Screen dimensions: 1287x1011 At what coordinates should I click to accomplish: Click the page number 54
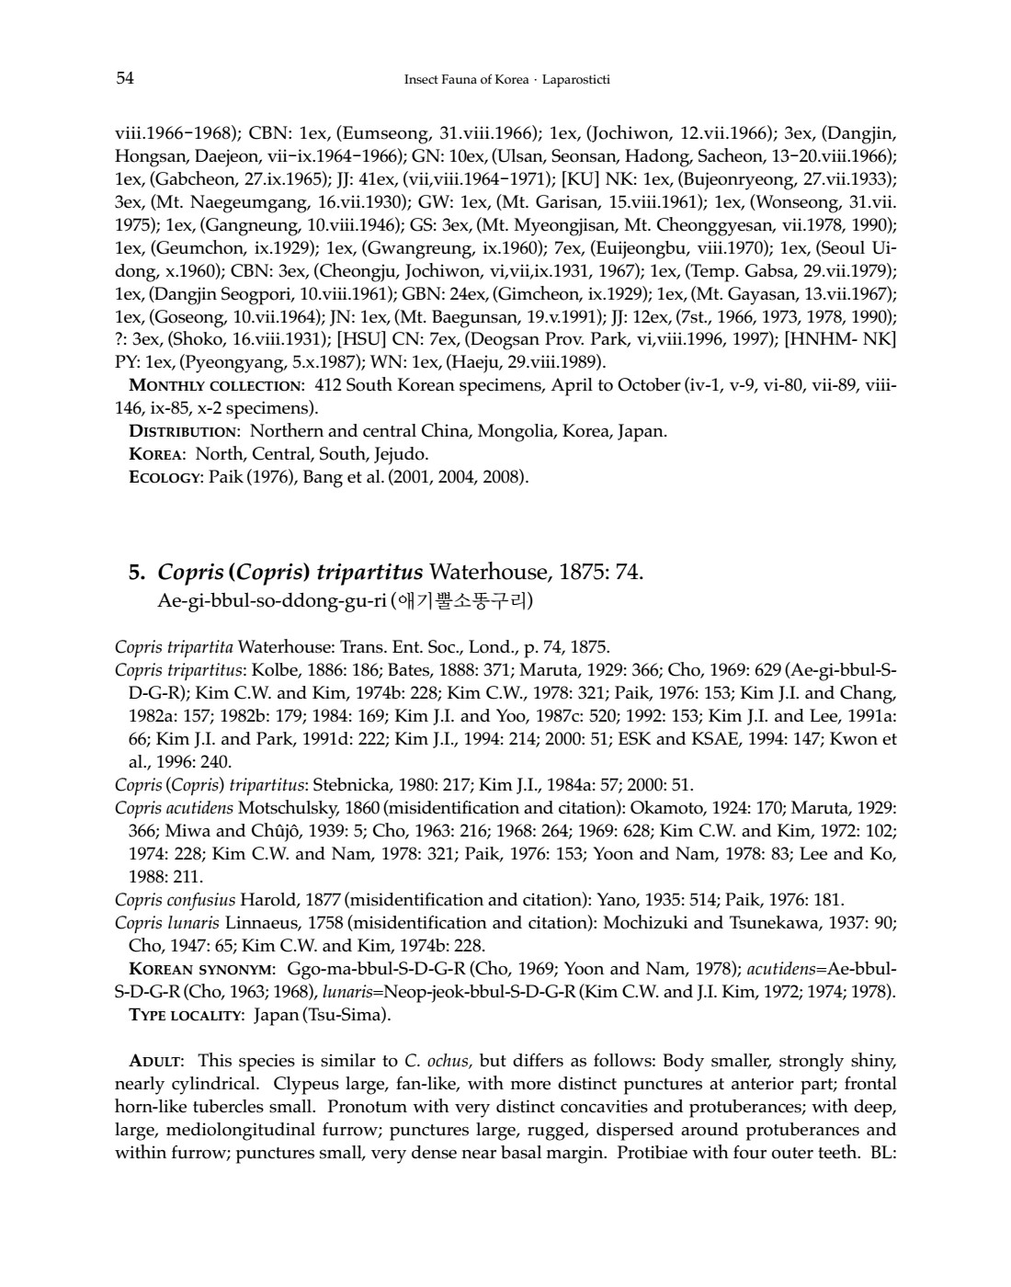125,78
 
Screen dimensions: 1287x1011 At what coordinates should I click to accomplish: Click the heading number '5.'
138,574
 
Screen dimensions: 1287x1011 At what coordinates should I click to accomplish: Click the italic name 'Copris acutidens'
175,808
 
